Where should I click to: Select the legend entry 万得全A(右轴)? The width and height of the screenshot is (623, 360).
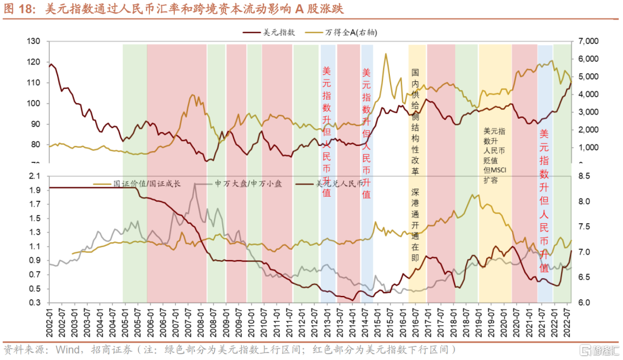355,32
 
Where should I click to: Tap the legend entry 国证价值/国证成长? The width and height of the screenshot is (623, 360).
147,183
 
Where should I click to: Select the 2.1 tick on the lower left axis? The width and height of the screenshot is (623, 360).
35,175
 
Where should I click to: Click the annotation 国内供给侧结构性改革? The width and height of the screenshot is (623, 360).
415,122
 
